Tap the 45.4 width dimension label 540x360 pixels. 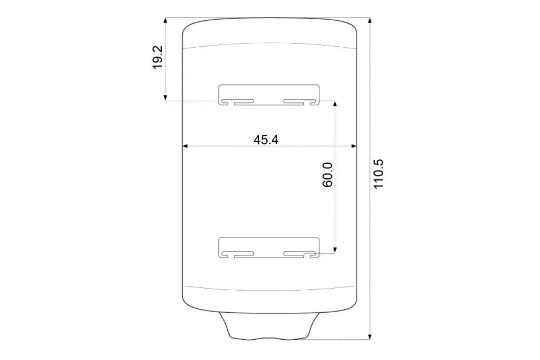(x=266, y=139)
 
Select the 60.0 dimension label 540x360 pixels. (x=327, y=175)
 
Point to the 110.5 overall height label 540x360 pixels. (x=378, y=174)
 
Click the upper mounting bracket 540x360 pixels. (x=269, y=85)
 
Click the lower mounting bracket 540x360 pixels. (x=269, y=238)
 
